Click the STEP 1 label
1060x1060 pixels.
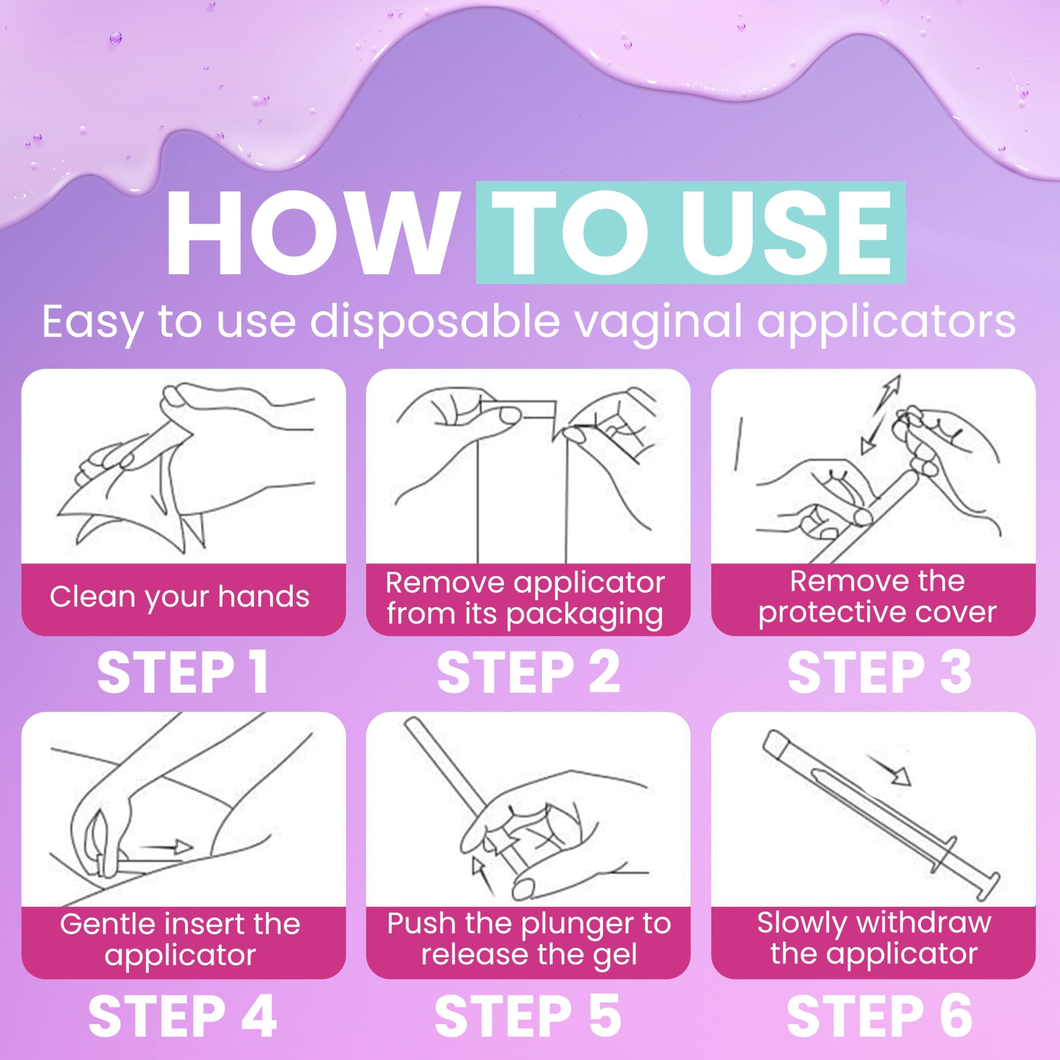tap(183, 673)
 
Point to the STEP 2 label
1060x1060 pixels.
tap(528, 673)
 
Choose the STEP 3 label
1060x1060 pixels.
tap(879, 673)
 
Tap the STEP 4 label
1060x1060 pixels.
tap(182, 1016)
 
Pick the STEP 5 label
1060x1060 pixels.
tap(528, 1016)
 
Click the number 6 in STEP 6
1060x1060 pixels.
tap(954, 1016)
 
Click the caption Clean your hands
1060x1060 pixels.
tap(179, 597)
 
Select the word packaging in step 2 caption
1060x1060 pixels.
tap(584, 614)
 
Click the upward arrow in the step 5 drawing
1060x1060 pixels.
tap(483, 878)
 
